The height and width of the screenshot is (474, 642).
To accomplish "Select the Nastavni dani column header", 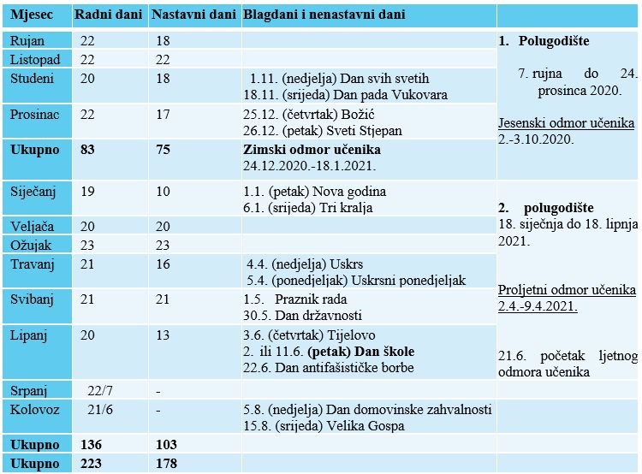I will coord(193,15).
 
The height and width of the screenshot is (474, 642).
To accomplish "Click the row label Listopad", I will coord(36,59).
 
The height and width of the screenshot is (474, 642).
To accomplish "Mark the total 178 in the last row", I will coord(166,464).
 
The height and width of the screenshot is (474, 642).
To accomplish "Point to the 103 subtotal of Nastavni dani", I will coord(166,445).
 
